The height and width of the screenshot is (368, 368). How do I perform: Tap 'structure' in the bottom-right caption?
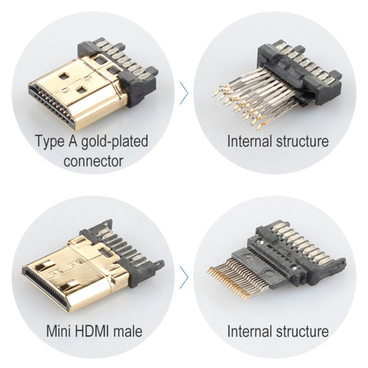tap(301, 330)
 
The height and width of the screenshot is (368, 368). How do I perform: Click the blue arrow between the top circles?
tap(184, 93)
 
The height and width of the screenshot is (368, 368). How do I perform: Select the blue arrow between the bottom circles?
tap(184, 277)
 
